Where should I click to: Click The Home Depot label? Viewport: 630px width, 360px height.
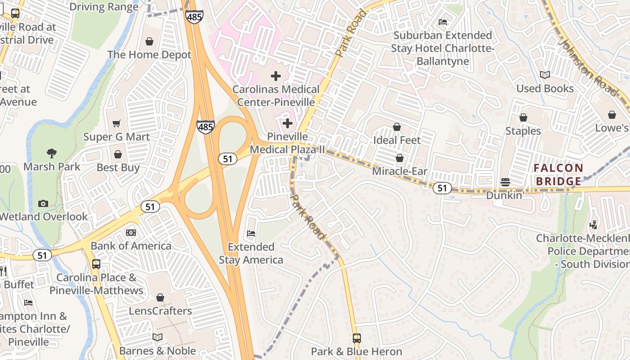point(149,55)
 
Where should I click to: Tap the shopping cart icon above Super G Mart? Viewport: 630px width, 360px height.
point(117,123)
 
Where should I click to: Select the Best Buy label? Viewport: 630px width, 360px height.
point(118,168)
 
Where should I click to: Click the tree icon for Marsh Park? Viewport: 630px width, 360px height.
point(52,153)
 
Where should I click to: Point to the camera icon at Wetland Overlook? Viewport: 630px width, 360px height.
point(43,203)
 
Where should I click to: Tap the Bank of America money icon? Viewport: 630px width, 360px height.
point(131,233)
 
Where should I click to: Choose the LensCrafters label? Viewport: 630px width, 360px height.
point(160,311)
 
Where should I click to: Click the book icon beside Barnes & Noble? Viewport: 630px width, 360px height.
point(157,337)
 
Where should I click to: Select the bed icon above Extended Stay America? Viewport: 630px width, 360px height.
point(251,234)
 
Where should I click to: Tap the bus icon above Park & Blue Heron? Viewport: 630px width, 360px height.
point(357,338)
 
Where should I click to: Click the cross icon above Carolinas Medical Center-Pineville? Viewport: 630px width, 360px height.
point(276,76)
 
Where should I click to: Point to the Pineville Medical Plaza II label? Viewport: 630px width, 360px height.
point(287,143)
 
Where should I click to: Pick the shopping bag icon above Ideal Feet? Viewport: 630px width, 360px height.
point(397,127)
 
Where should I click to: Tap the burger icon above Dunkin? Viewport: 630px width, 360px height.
point(505,182)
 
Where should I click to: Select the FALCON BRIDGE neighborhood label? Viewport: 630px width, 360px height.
point(558,175)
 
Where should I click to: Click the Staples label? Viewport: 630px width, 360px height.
point(523,131)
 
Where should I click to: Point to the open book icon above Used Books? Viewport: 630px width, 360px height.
point(545,75)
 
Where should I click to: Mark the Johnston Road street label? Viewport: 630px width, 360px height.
point(587,67)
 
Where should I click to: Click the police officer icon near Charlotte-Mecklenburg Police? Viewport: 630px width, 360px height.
point(594,225)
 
